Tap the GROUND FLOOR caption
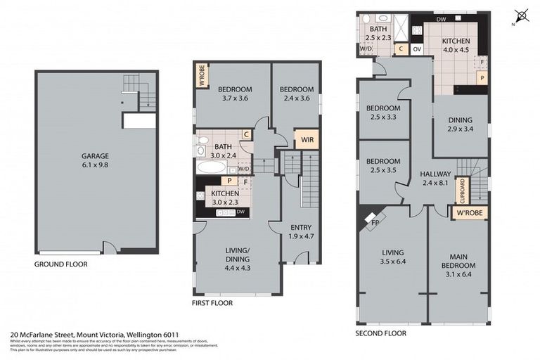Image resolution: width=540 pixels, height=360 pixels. tap(61, 265)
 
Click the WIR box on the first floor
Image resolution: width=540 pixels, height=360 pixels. tap(307, 139)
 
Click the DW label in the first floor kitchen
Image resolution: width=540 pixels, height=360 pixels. tap(240, 212)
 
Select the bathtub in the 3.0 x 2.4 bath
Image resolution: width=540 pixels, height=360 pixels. tap(211, 167)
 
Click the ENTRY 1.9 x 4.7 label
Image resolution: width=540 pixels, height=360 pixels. tap(301, 231)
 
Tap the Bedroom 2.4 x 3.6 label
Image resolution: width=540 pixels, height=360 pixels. tap(295, 94)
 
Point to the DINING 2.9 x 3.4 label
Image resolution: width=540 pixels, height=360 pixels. tap(460, 124)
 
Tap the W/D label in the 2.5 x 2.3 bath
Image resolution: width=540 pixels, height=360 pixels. tap(366, 49)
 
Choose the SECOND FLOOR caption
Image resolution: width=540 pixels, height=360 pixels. tap(380, 333)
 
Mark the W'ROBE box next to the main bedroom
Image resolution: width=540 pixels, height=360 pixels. tap(469, 212)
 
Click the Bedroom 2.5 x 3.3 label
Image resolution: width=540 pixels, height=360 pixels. tap(383, 112)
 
